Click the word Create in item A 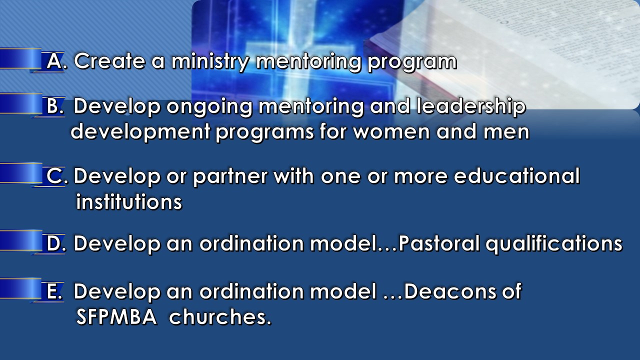click(109, 61)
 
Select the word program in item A click(412, 63)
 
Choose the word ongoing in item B click(209, 107)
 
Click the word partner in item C click(230, 177)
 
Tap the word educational click(517, 175)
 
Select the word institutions click(129, 201)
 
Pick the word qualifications click(554, 245)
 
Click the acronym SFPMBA click(116, 316)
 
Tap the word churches click(220, 316)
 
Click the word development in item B click(140, 132)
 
